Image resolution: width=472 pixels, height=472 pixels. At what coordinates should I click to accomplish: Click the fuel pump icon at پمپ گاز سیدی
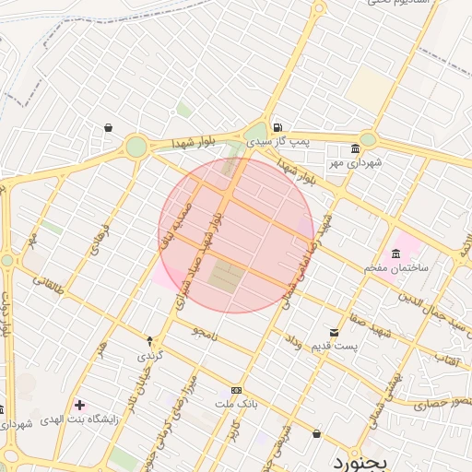[x=277, y=127]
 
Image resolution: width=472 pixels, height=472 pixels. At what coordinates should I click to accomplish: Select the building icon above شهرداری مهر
[x=356, y=149]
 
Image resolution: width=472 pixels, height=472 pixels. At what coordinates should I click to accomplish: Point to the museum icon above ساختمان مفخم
[x=396, y=254]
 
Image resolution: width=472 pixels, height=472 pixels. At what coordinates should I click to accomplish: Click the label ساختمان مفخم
[x=397, y=267]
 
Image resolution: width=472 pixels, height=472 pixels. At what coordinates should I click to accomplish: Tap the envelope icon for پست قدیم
[x=334, y=332]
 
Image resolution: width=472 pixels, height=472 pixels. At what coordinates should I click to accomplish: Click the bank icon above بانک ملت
[x=237, y=391]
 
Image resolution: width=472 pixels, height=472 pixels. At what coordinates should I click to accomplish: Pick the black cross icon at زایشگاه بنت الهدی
[x=80, y=405]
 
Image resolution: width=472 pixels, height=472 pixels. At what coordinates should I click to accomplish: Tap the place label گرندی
[x=149, y=354]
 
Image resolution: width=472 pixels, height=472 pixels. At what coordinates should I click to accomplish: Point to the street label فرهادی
[x=100, y=238]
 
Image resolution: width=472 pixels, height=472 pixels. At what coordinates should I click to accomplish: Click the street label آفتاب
[x=446, y=355]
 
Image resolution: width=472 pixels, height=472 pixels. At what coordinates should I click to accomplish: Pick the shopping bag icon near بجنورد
[x=317, y=433]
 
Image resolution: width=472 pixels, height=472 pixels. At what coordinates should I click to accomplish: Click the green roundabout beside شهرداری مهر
[x=368, y=139]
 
